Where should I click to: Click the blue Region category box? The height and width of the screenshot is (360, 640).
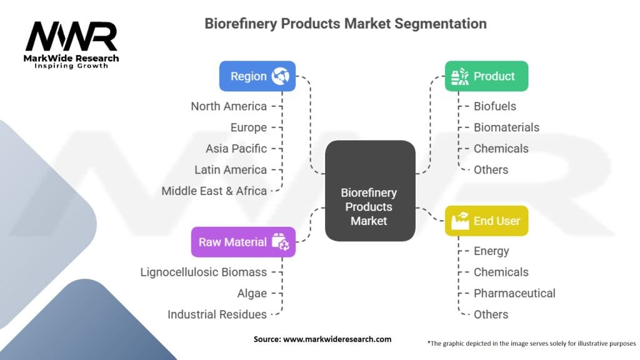[257, 76]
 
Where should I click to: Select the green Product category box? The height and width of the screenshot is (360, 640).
[486, 76]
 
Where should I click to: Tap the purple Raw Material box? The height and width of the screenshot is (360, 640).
[243, 242]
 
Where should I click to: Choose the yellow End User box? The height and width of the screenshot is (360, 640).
[486, 221]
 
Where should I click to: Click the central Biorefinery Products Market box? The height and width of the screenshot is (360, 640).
[370, 191]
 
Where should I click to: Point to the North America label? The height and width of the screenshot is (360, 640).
[229, 106]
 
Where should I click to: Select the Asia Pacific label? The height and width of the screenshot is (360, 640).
[236, 149]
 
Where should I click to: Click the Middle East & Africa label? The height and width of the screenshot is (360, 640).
[214, 191]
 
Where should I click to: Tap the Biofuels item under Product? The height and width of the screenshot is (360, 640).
[495, 106]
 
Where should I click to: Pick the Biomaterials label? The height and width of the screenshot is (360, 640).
[506, 127]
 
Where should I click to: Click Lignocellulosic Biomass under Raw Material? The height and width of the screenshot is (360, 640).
[204, 272]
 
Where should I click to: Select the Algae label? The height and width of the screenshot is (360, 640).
[252, 293]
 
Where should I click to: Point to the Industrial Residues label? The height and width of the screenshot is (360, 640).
[217, 314]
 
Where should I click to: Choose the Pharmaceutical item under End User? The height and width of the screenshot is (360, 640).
[514, 293]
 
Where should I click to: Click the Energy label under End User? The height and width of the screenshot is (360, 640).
[491, 251]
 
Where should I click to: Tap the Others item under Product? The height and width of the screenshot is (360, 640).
[491, 169]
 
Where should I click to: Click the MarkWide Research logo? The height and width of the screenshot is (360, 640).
[72, 44]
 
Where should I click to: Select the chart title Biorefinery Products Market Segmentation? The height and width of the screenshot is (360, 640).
[346, 24]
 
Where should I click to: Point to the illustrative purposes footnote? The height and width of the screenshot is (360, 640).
[531, 343]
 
